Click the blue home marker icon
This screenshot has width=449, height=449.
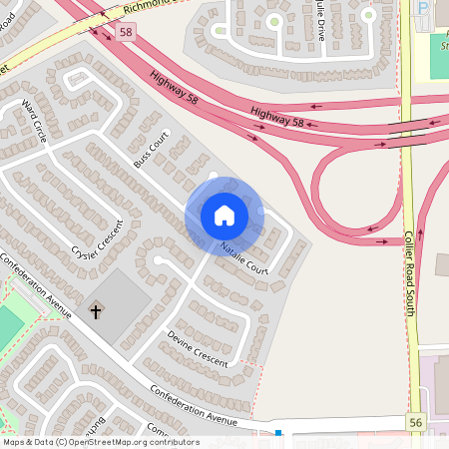(224, 215)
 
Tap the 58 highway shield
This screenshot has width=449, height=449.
(125, 33)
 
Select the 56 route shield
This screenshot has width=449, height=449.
(415, 423)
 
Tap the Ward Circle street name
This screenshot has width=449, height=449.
(34, 121)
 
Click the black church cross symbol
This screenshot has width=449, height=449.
(97, 312)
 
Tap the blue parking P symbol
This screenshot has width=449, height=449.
(423, 9)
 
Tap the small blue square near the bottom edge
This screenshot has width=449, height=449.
(278, 434)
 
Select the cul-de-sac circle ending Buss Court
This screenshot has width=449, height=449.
(213, 178)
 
